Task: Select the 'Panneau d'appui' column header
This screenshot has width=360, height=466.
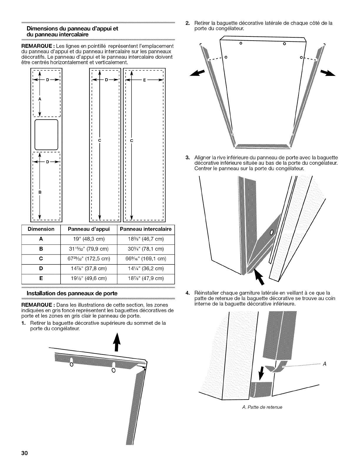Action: (x=89, y=229)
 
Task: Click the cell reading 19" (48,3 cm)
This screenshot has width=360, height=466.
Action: (x=89, y=239)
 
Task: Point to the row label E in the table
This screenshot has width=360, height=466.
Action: (x=41, y=278)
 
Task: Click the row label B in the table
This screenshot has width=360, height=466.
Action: (x=41, y=249)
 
